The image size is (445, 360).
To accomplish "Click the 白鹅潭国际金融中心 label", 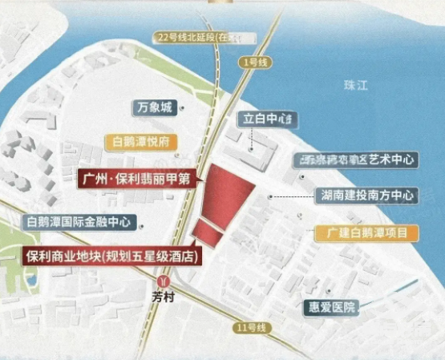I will (81, 221).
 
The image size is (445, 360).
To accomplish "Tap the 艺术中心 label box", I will (356, 160).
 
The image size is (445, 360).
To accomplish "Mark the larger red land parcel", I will (224, 194).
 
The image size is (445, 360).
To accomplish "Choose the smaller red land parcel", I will (206, 234).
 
